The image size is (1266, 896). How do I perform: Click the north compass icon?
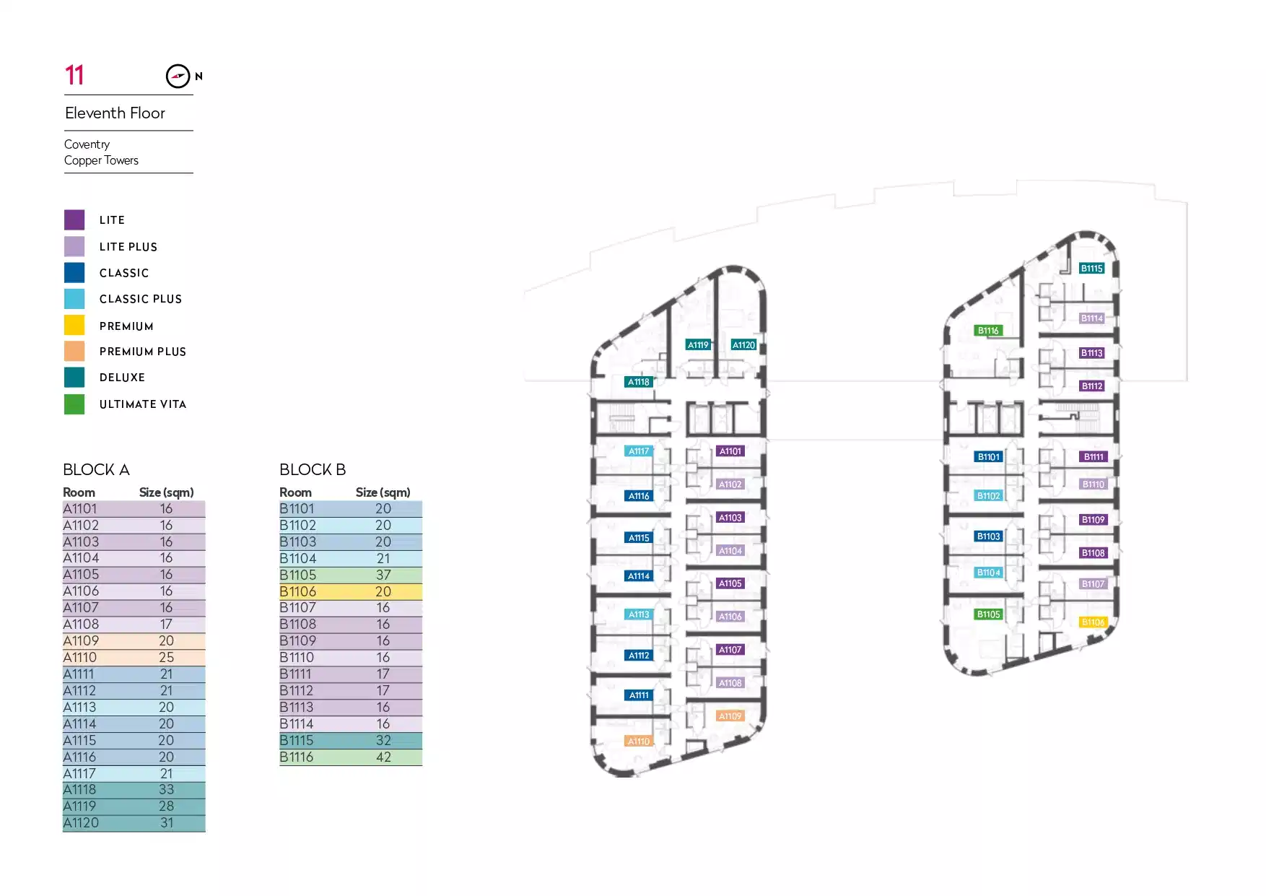click(x=178, y=76)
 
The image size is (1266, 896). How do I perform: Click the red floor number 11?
click(x=74, y=75)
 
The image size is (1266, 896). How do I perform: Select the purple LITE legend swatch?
click(x=74, y=219)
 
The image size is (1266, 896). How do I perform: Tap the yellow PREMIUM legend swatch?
click(x=74, y=326)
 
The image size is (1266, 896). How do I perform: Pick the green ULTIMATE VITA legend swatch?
click(x=74, y=404)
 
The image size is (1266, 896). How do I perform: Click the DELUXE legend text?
click(x=122, y=378)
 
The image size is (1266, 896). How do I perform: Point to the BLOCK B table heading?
click(x=313, y=470)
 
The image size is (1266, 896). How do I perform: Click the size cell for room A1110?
click(x=166, y=658)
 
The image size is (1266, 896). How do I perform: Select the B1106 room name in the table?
click(x=297, y=591)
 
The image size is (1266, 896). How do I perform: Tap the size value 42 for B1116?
click(x=383, y=757)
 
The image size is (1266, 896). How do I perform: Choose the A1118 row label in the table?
click(x=79, y=790)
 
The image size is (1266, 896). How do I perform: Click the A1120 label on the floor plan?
click(x=743, y=345)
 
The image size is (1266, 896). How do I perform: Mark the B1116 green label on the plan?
click(x=988, y=331)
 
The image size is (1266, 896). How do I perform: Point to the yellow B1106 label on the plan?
click(x=1093, y=622)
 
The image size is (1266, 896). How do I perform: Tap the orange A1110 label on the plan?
click(x=638, y=741)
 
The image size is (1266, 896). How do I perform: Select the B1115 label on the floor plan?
click(x=1091, y=269)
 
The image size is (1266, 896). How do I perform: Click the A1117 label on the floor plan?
click(x=639, y=451)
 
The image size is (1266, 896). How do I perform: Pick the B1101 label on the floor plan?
click(x=988, y=457)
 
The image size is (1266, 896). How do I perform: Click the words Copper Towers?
click(x=101, y=160)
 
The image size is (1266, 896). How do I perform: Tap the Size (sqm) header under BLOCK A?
click(x=166, y=492)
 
